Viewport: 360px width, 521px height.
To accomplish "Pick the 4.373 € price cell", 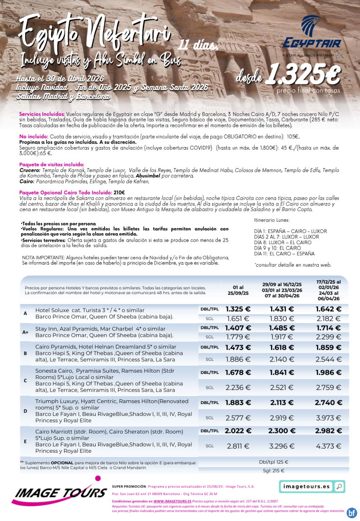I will point(328,446).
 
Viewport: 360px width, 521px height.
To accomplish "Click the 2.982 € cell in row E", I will point(328,431).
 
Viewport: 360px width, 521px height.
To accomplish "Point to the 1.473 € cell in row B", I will point(238,347).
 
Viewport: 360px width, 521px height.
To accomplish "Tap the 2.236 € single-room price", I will point(238,387).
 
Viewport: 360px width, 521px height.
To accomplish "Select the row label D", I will point(25,411).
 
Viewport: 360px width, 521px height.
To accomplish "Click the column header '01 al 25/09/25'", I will point(238,290).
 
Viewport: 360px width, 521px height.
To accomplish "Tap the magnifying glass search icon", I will point(339,487).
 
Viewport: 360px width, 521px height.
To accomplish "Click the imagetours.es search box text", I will point(306,487).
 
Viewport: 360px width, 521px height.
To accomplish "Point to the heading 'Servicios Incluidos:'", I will point(42,114).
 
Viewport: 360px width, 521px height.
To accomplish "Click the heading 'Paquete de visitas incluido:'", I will point(52,164).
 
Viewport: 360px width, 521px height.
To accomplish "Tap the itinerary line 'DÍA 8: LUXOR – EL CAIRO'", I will point(282,242).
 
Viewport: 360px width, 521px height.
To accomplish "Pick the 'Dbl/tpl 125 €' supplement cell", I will point(273,462).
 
